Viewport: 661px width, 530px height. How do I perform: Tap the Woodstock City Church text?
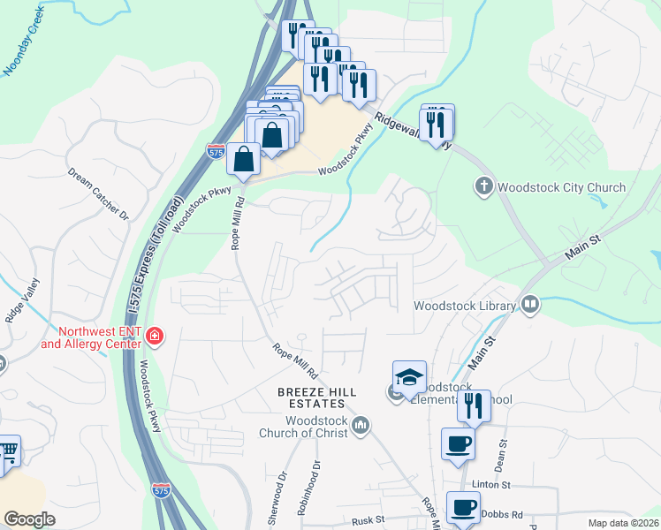[561, 187]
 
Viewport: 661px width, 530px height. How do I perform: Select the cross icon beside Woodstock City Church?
[483, 186]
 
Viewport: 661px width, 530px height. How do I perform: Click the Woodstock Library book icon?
[530, 305]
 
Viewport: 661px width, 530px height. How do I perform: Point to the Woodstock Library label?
[465, 306]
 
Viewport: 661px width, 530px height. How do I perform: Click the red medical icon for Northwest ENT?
[155, 336]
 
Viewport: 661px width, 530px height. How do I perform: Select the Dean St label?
[501, 455]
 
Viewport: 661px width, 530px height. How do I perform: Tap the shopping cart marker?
[9, 451]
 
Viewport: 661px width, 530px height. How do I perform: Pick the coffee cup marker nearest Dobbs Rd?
[464, 508]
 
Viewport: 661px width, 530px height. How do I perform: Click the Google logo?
[30, 519]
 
